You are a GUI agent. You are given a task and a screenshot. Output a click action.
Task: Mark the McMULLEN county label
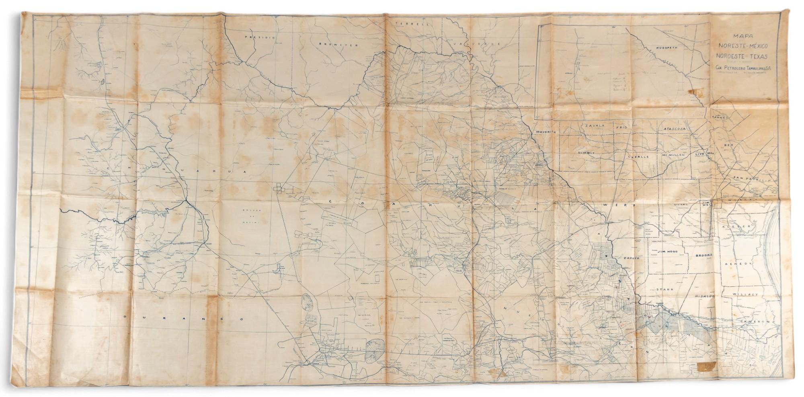click(669, 155)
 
